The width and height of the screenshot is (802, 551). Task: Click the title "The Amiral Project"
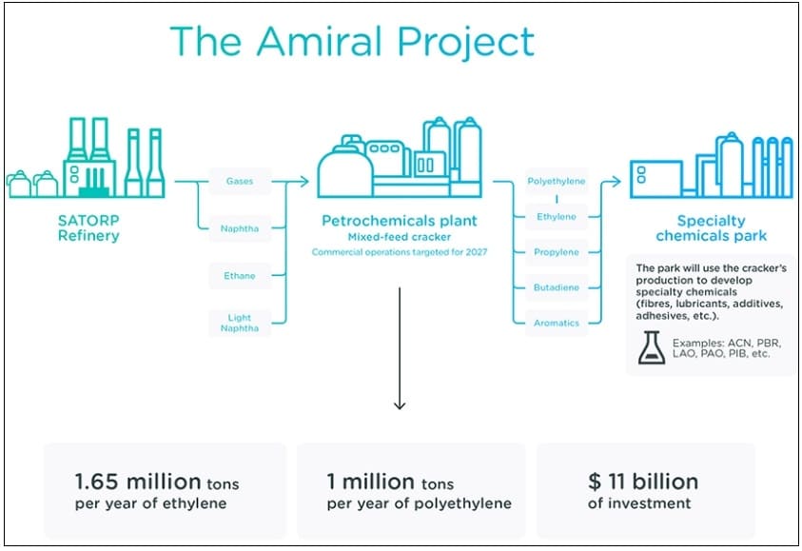[351, 42]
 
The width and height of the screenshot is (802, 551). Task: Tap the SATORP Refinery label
[88, 227]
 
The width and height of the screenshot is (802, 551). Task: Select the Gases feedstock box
[239, 181]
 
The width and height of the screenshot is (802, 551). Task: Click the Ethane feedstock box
[239, 276]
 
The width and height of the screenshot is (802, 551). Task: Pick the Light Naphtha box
[239, 323]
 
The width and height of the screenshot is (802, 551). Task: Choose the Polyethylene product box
[556, 181]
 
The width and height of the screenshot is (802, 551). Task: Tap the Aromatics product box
[556, 323]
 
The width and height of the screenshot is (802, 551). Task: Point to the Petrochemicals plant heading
[399, 221]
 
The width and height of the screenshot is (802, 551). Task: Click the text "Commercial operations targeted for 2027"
[399, 252]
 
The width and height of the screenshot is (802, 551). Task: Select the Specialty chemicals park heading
[711, 227]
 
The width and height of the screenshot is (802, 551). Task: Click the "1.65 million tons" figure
[151, 482]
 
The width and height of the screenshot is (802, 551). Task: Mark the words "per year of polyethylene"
[419, 503]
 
